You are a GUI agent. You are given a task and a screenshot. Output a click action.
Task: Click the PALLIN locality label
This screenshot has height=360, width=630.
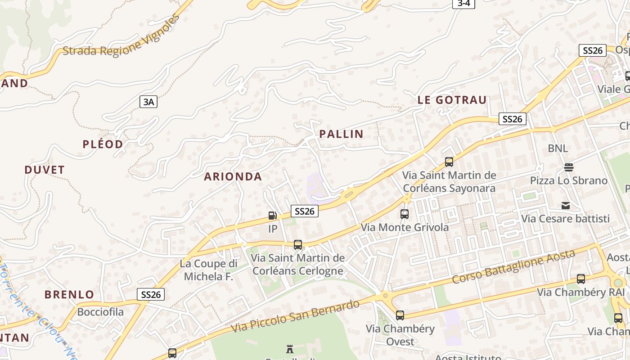(x=341, y=134)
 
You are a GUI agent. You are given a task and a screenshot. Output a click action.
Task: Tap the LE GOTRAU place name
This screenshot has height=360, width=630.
(x=452, y=100)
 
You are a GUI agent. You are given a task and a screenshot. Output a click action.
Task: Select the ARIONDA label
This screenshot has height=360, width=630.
(x=233, y=176)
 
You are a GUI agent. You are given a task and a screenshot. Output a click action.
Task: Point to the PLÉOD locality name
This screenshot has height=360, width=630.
(x=103, y=144)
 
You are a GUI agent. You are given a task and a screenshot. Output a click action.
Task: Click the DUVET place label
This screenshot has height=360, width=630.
(x=45, y=170)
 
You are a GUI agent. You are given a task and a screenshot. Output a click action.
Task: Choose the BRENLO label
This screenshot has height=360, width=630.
(x=69, y=295)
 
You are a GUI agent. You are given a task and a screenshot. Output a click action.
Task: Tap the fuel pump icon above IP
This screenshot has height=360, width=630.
(x=272, y=216)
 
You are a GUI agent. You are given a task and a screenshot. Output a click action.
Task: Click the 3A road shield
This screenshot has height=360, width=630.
(x=148, y=102)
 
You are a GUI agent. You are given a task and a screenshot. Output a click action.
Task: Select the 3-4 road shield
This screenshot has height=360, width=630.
(x=463, y=4)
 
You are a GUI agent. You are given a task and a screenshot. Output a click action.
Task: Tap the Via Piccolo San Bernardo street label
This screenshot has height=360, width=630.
(x=295, y=316)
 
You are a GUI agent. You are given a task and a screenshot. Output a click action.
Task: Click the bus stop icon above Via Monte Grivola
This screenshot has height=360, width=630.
(x=404, y=214)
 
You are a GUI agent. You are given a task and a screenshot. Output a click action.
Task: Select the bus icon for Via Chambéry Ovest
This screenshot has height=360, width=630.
(x=400, y=315)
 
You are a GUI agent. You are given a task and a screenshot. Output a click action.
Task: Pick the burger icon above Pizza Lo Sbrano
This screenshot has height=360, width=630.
(x=569, y=167)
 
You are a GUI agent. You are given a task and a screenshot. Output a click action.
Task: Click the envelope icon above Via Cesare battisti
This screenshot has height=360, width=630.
(x=566, y=206)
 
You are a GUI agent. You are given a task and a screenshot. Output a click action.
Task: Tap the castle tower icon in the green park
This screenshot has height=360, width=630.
(x=290, y=349)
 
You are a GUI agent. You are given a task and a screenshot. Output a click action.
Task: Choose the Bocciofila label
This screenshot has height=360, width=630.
(x=100, y=312)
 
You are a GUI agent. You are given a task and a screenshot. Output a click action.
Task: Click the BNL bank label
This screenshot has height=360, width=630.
(x=558, y=148)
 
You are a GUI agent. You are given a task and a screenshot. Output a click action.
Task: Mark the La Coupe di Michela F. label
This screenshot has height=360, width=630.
(x=208, y=270)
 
